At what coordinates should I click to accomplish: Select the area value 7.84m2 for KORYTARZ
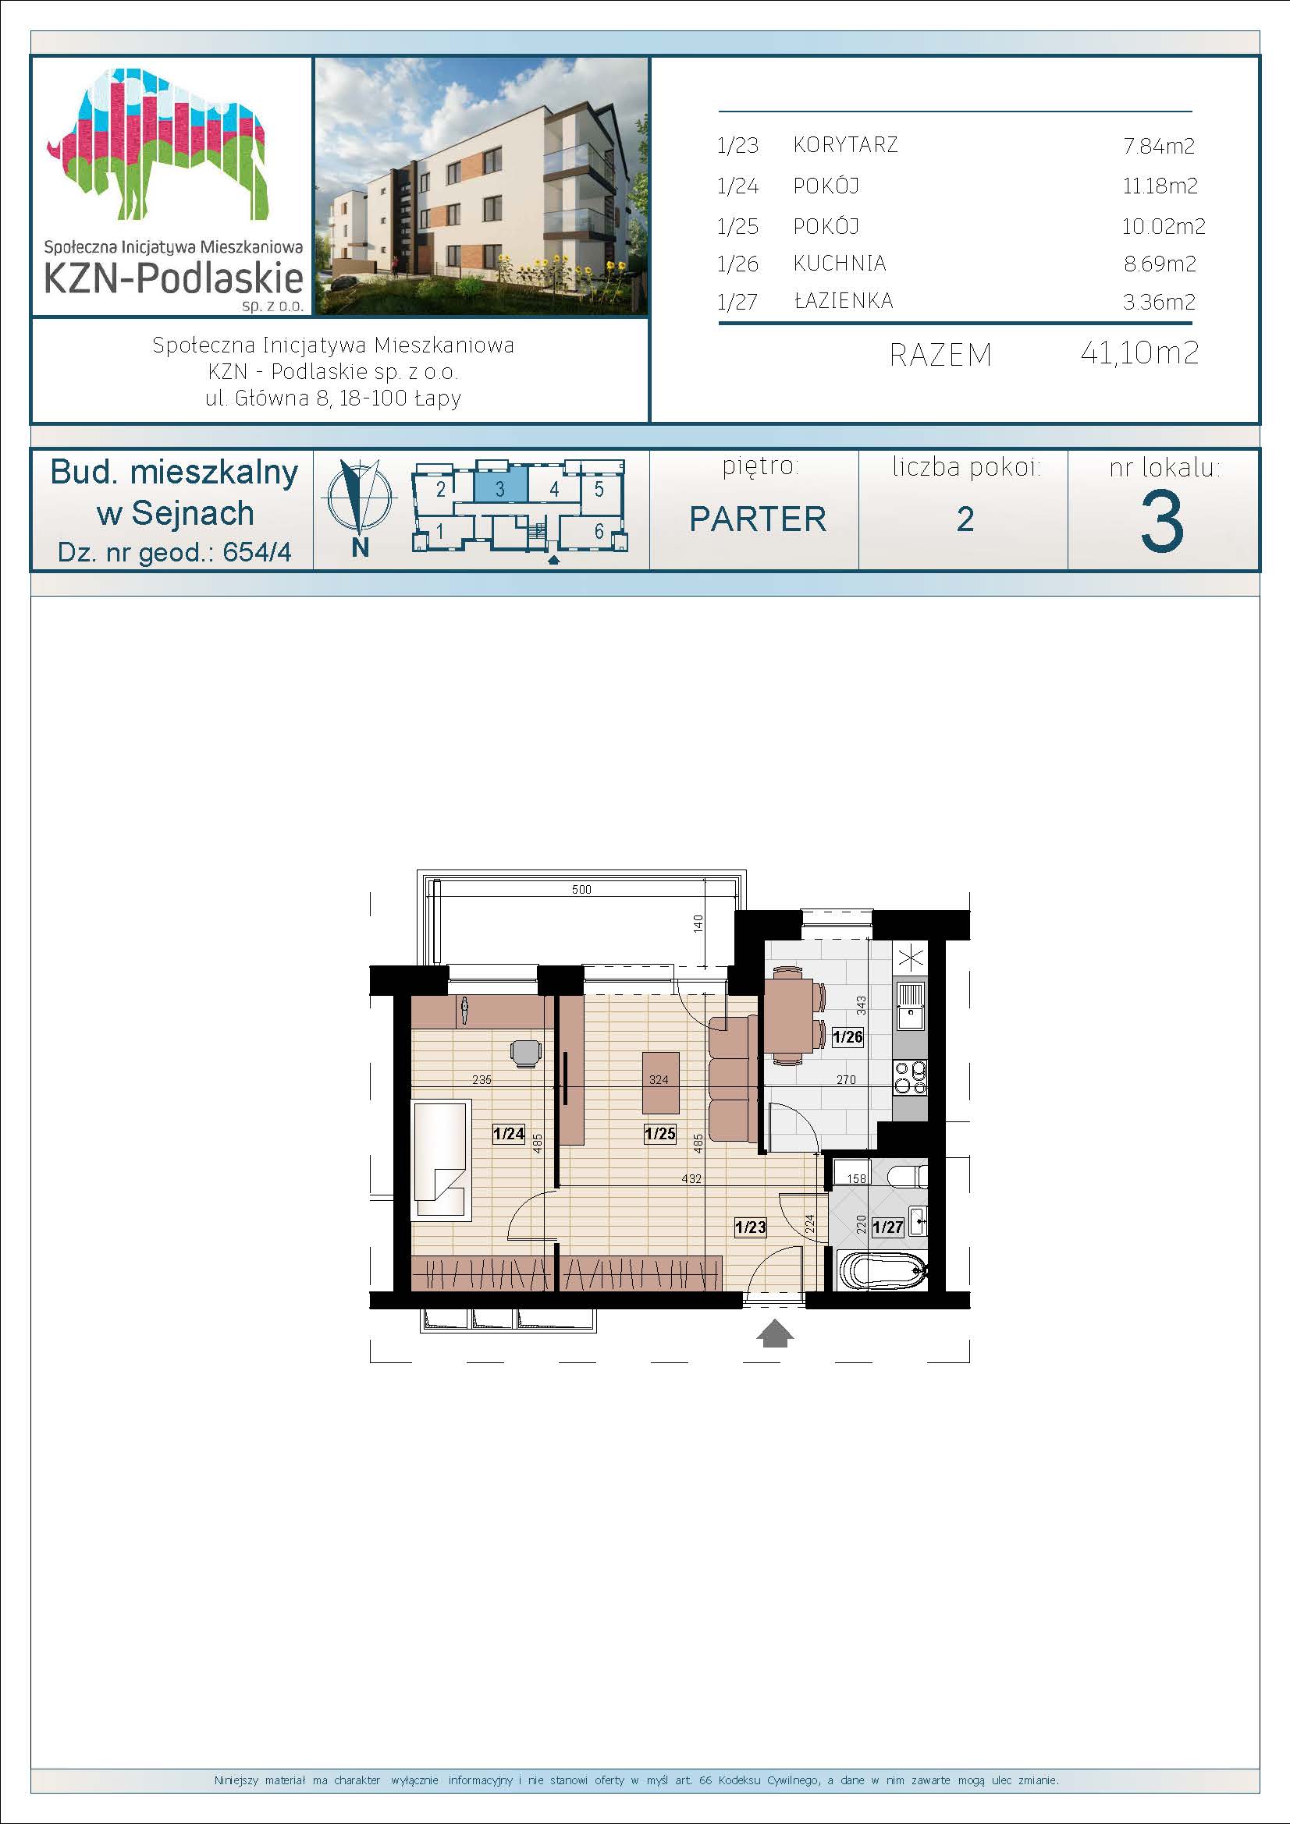click(1159, 145)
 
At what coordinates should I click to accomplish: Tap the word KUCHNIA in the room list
click(840, 263)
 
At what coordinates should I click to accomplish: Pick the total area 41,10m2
click(1139, 352)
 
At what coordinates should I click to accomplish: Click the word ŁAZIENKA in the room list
click(844, 300)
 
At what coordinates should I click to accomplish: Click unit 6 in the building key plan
click(599, 531)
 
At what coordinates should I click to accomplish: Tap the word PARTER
click(758, 519)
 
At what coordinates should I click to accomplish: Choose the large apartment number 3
click(1162, 522)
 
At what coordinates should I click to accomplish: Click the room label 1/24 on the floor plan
click(509, 1134)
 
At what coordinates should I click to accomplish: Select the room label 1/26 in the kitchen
click(848, 1036)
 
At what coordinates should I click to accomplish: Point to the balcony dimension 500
click(582, 890)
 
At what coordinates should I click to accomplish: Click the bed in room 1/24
click(442, 1157)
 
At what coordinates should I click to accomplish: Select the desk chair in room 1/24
click(525, 1054)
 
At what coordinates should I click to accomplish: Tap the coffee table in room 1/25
click(659, 1083)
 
